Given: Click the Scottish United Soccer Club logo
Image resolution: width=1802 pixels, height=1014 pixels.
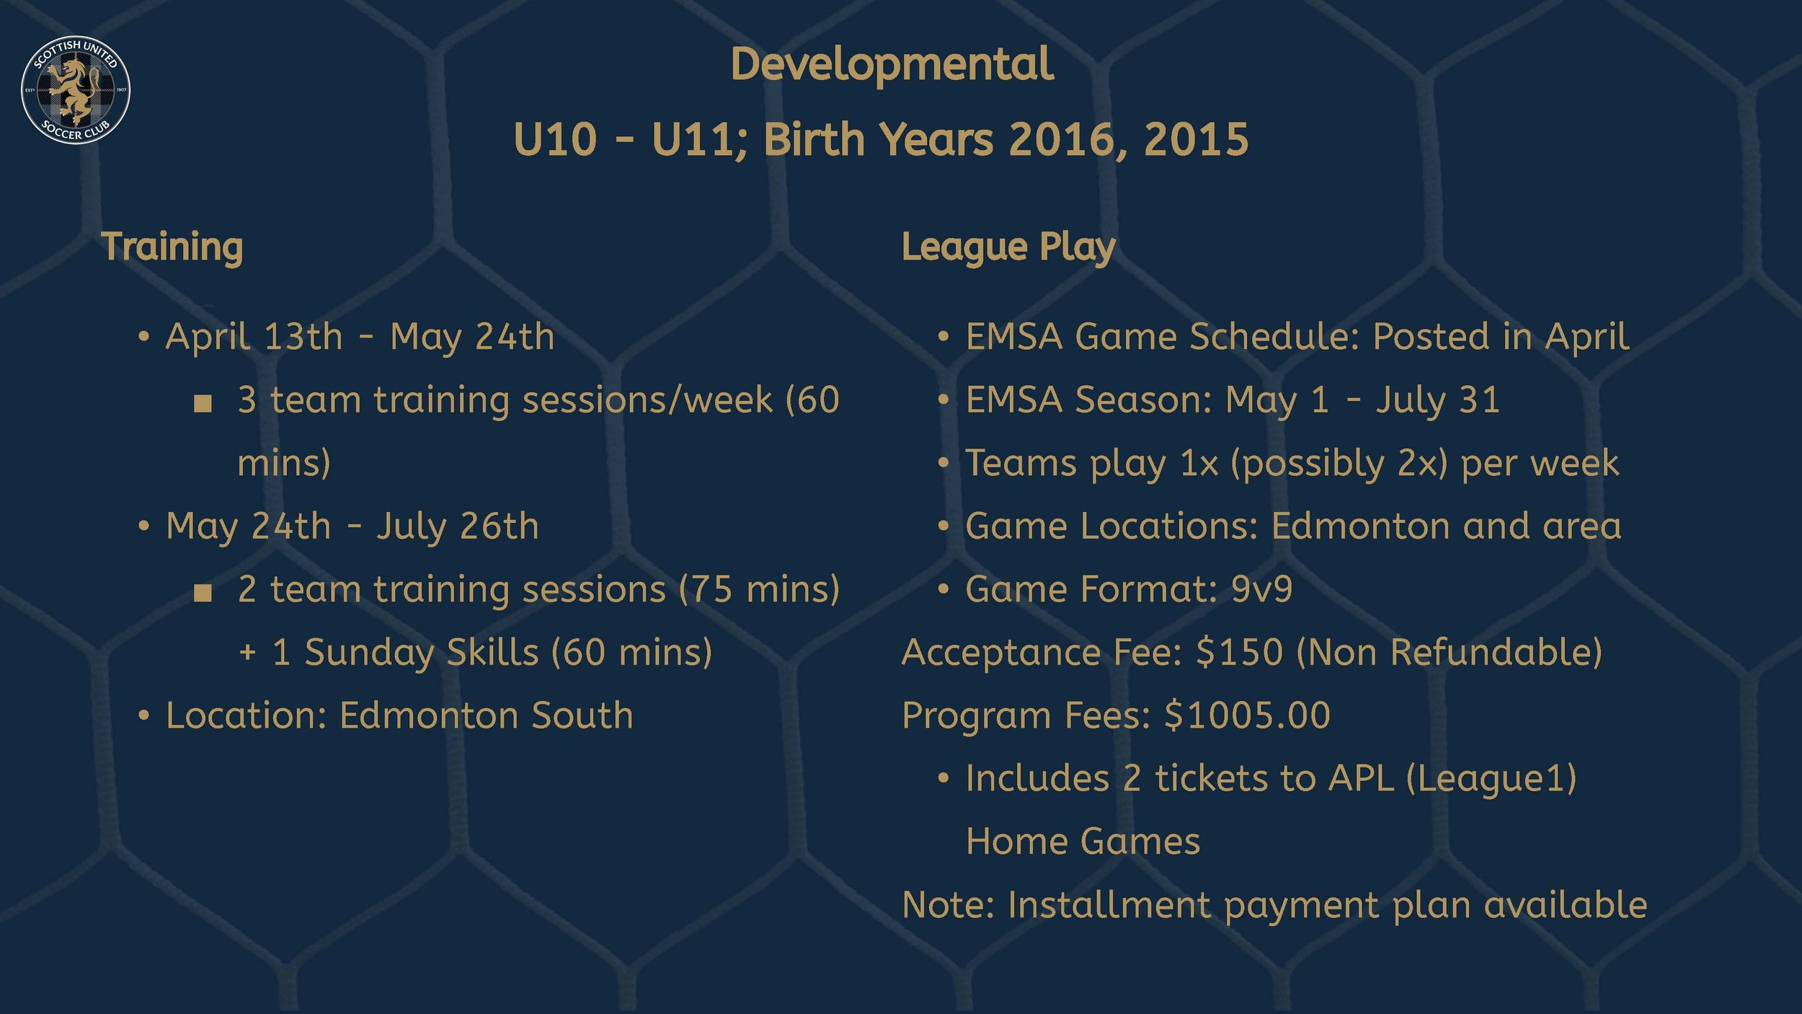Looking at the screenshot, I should (76, 89).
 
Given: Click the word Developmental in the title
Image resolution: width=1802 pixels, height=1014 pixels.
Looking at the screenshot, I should (892, 65).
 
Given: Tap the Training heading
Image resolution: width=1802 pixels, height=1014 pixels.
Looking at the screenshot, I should (172, 247).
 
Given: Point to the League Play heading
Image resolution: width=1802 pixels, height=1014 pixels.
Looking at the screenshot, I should (1008, 247).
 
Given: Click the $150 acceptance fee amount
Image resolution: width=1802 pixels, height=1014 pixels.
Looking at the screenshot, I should (1239, 652).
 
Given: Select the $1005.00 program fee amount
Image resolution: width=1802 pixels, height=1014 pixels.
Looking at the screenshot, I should (1247, 715).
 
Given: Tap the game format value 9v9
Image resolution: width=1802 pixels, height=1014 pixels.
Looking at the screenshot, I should (1261, 589).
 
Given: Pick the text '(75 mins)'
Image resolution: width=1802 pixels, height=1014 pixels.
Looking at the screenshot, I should (759, 589).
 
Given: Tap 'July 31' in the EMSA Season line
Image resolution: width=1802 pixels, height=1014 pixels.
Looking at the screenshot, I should (1437, 400).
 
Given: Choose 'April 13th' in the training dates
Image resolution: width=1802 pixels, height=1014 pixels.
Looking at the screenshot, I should (254, 337).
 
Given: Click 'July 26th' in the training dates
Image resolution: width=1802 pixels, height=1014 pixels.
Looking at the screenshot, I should (457, 526).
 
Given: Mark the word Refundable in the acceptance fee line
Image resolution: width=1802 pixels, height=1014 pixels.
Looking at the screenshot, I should (1496, 652).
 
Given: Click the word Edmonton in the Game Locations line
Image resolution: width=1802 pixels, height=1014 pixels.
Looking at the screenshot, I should (1360, 526).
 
